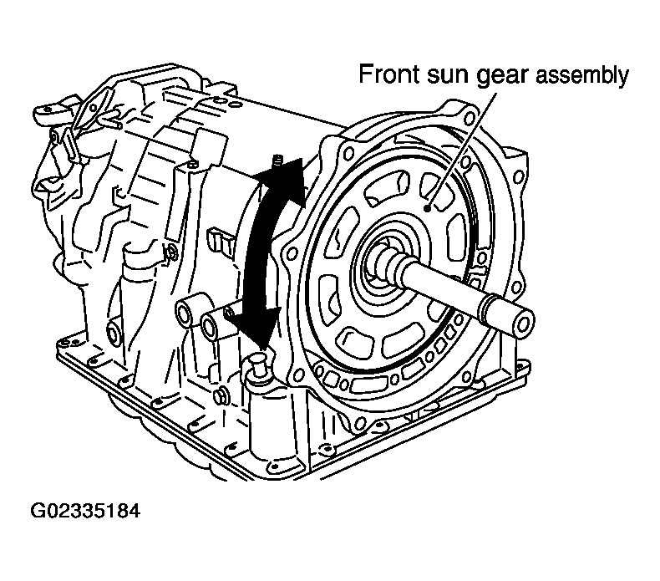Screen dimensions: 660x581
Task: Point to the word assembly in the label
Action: click(581, 77)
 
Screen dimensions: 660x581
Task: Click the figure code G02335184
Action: click(85, 511)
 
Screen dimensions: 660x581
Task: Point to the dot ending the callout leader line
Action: click(428, 208)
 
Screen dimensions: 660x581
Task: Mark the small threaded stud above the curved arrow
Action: click(277, 161)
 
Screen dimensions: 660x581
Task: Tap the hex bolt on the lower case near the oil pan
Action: click(220, 395)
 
